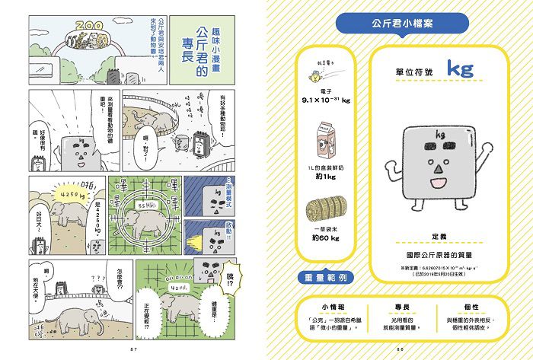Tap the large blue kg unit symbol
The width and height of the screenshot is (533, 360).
(460, 69)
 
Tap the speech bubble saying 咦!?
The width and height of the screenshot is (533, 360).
(229, 286)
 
